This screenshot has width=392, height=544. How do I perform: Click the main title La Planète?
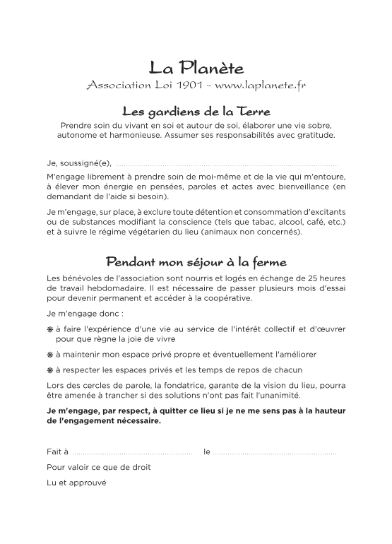click(196, 69)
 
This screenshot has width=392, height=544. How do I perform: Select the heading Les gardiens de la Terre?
click(196, 112)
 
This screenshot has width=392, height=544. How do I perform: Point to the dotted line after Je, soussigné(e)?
click(226, 163)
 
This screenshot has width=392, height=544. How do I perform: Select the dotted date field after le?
click(274, 451)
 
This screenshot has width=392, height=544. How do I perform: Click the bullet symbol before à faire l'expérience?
click(50, 329)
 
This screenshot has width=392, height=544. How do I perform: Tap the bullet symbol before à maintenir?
click(50, 354)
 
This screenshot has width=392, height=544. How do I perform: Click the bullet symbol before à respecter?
click(50, 370)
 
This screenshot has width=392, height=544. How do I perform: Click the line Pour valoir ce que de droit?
click(98, 467)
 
